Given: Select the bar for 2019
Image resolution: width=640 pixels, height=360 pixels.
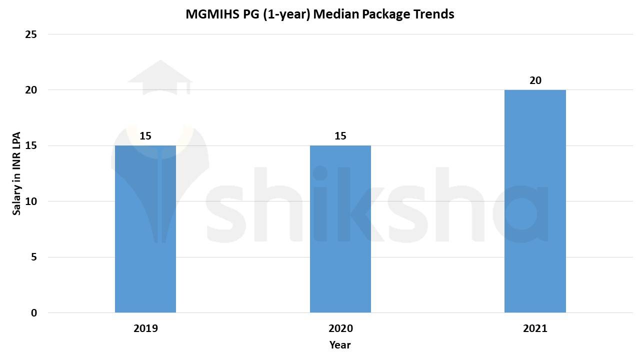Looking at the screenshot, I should point(145,229).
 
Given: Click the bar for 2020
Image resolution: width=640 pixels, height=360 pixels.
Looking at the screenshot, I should point(340,229).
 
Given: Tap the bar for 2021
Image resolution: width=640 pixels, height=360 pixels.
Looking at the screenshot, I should point(535,201).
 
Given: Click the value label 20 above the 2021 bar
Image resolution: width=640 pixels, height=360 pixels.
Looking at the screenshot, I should point(535,80).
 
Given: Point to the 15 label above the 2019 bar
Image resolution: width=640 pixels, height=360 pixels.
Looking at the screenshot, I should point(145,136).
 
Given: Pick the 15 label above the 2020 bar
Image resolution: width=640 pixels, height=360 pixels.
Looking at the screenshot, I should point(340,136).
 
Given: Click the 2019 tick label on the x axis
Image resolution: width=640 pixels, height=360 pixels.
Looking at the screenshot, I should point(145,328).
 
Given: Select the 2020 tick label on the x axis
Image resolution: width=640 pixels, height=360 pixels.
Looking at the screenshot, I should point(340,328).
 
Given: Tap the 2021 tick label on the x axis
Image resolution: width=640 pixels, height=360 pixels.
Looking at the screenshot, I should point(535,328).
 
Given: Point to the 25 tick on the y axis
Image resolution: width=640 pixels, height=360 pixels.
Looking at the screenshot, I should point(31,34).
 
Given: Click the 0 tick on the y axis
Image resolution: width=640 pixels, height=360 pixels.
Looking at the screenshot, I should point(34,313).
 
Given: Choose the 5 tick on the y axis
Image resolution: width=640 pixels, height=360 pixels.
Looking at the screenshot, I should point(34,257).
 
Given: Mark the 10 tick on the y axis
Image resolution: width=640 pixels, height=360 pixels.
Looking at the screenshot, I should point(31,201).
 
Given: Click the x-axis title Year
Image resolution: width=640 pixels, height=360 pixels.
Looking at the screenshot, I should point(340,345).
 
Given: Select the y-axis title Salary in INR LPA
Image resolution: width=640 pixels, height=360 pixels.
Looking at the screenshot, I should point(17,173).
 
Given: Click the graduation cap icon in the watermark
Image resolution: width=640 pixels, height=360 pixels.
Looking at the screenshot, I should point(160,78).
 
